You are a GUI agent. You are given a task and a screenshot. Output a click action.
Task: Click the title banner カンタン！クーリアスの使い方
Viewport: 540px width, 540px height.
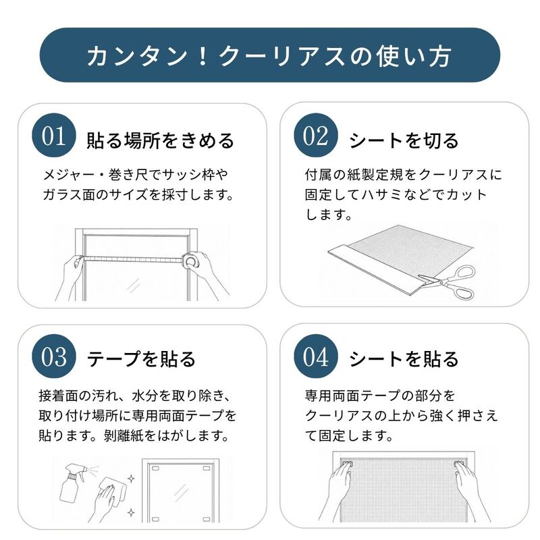click(x=269, y=55)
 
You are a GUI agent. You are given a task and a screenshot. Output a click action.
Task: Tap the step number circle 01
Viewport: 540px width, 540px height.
click(x=54, y=136)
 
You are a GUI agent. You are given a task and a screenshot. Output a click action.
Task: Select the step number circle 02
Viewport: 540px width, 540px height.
click(x=316, y=136)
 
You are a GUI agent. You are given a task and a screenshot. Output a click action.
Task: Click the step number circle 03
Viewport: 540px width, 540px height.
click(x=54, y=356)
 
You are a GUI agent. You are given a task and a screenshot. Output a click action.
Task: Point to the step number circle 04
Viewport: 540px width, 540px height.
click(x=316, y=356)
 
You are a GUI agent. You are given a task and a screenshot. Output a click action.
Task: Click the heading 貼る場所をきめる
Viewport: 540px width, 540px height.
click(x=160, y=140)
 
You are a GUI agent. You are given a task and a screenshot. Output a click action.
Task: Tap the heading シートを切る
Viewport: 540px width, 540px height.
click(x=404, y=140)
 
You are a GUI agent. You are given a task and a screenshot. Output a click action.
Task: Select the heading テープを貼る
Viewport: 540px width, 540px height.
click(x=141, y=359)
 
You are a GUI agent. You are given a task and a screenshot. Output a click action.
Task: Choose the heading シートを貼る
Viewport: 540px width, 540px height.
click(x=404, y=359)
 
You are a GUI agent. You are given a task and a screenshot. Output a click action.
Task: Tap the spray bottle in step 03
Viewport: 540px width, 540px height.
click(x=74, y=483)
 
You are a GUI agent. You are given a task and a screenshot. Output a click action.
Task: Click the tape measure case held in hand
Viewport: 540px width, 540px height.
click(x=191, y=261)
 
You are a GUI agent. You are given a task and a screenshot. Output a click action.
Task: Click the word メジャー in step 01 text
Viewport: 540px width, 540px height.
click(x=69, y=175)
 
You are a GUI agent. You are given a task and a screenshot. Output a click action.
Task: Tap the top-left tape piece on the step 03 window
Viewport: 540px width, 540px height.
click(x=155, y=468)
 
